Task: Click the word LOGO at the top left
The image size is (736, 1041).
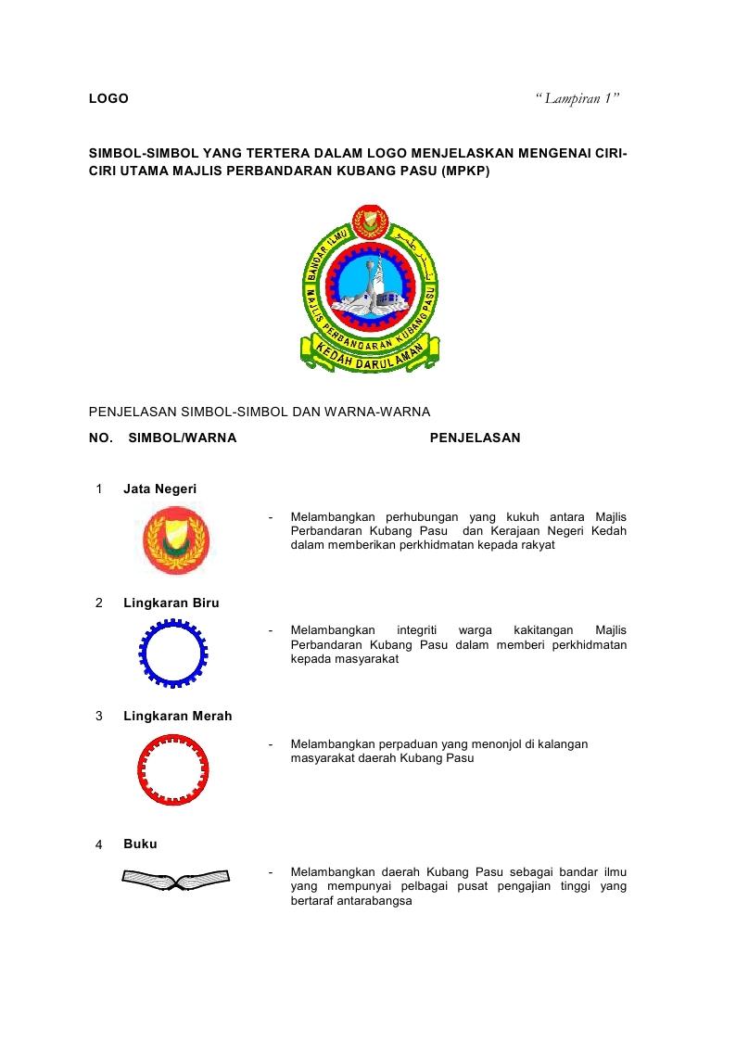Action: coord(108,98)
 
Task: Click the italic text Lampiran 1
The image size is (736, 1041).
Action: coord(578,98)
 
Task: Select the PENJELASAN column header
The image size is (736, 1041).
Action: coord(475,438)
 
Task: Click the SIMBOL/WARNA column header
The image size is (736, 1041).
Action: coord(182,438)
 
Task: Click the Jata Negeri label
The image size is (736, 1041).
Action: coord(159,489)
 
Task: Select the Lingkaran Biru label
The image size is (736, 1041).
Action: coord(171,603)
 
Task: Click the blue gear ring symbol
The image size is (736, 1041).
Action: coord(173,654)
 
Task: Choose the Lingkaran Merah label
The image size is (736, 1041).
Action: coord(177,716)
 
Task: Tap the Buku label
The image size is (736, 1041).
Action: coord(140,844)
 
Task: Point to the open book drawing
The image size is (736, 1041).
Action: coord(175,878)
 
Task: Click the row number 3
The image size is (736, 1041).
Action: coord(99,716)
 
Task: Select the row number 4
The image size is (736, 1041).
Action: coord(99,844)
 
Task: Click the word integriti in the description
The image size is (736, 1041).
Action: coord(417,630)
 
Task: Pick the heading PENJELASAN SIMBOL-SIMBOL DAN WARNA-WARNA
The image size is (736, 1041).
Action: coord(259,412)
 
